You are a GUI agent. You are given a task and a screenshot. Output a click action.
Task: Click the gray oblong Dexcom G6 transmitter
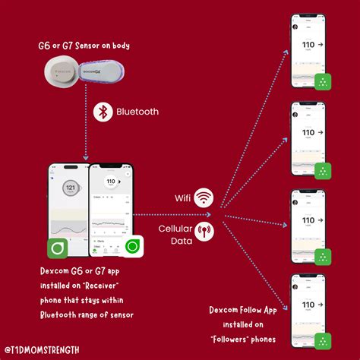[x=98, y=74]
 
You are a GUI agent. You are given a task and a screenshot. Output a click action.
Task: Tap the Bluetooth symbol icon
[x=103, y=112]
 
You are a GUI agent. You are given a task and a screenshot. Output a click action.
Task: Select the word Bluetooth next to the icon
[x=137, y=112]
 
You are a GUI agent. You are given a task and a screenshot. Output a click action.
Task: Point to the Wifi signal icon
[x=203, y=198]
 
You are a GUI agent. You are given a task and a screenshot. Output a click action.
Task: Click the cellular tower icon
[x=203, y=230]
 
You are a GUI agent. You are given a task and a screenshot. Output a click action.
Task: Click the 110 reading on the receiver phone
[x=111, y=182]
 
